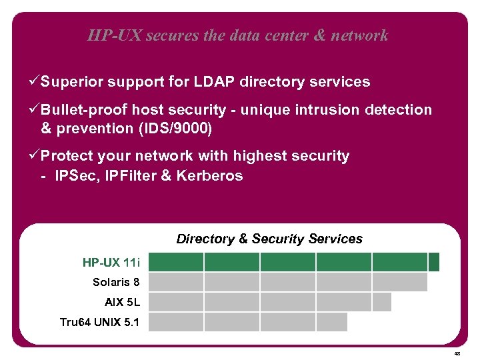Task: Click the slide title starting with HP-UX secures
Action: (237, 35)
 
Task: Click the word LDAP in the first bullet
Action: (215, 82)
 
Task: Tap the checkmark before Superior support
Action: (35, 82)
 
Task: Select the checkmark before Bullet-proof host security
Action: (35, 109)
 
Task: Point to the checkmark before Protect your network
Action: (35, 156)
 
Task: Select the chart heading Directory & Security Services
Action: (269, 239)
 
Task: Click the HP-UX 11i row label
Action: (111, 262)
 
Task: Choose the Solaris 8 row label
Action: (116, 282)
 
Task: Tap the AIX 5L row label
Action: (122, 302)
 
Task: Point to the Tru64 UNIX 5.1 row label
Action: (99, 322)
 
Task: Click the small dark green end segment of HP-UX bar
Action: (434, 262)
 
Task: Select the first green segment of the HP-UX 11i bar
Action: (175, 262)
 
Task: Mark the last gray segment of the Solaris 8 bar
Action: (399, 282)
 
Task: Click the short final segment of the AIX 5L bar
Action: (381, 302)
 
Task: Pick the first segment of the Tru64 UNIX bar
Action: (175, 322)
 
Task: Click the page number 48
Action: (457, 353)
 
